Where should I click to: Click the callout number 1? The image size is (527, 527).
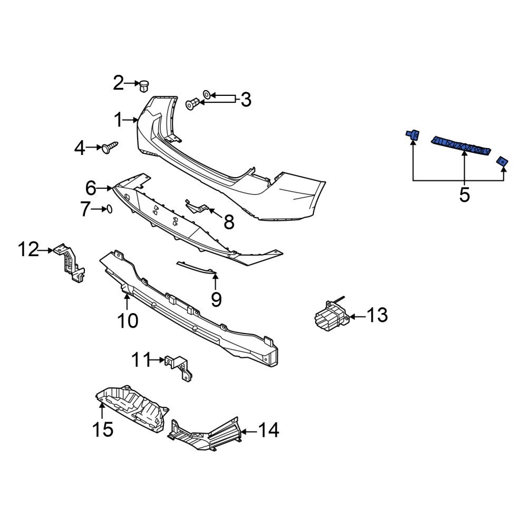click(x=120, y=121)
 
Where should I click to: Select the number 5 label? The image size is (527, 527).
click(x=464, y=194)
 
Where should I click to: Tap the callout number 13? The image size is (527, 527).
click(x=377, y=316)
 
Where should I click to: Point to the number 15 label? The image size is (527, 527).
click(x=103, y=429)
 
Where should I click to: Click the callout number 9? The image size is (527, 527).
click(x=216, y=299)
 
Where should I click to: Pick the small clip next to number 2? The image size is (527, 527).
click(x=143, y=85)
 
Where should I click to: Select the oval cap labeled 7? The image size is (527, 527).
click(x=110, y=209)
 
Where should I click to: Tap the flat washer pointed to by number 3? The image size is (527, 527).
click(x=208, y=94)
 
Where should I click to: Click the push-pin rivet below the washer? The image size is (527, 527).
click(x=193, y=104)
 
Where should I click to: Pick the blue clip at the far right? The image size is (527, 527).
click(x=502, y=162)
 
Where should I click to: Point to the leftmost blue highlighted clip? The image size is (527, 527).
click(x=412, y=136)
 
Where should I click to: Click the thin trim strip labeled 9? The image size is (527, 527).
click(x=196, y=266)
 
